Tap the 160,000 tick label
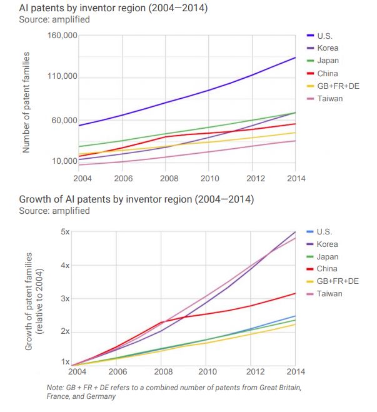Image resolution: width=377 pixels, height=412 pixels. (63, 36)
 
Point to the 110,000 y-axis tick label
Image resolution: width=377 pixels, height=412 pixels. (63, 77)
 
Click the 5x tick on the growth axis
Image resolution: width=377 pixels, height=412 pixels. (65, 231)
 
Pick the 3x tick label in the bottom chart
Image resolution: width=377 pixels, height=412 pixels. (65, 298)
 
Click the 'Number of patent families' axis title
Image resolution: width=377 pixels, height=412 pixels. (27, 103)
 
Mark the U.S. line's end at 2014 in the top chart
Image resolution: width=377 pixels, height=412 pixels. (295, 58)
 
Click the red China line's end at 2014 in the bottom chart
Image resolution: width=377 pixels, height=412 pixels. (295, 293)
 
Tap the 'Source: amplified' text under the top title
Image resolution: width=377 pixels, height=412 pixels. (54, 19)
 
